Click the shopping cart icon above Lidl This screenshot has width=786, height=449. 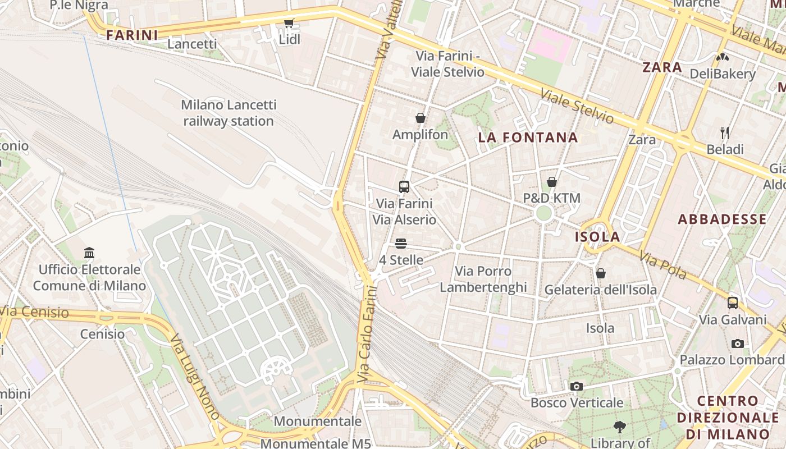(289, 23)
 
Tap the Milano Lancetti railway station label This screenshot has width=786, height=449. (229, 113)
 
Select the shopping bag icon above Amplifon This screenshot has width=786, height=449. (420, 118)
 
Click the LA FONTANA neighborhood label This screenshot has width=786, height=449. (528, 138)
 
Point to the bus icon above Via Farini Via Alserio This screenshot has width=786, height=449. (404, 187)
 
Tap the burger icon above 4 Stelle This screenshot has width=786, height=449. (400, 244)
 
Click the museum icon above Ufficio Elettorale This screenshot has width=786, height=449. (89, 253)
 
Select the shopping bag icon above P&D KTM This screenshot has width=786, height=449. (552, 182)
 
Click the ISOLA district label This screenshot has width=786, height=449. (597, 237)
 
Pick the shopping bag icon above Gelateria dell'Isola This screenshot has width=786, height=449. (600, 273)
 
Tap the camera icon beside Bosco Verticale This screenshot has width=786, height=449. (576, 386)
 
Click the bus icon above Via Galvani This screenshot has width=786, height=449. (732, 303)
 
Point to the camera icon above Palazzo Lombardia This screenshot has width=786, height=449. (737, 343)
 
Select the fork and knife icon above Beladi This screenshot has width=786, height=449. (725, 133)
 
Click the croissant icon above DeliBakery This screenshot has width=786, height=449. (722, 57)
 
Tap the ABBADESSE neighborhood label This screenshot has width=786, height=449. (722, 219)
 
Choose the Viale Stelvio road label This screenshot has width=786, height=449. (577, 106)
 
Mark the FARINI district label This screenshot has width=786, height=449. (132, 35)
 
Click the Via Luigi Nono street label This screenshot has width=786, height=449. (194, 377)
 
